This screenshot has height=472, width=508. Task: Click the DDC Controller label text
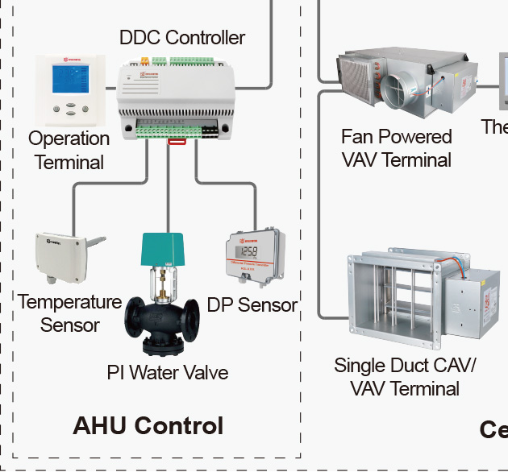pyautogui.click(x=182, y=37)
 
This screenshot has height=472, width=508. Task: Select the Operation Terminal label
pyautogui.click(x=69, y=150)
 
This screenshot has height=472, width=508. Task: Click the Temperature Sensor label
pyautogui.click(x=69, y=313)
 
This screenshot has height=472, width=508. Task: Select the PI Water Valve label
pyautogui.click(x=168, y=372)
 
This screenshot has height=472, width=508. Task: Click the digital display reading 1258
pyautogui.click(x=249, y=250)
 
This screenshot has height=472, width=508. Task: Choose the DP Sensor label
pyautogui.click(x=252, y=305)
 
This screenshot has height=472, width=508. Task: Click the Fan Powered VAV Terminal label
pyautogui.click(x=397, y=147)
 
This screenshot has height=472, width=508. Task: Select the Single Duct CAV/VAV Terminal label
pyautogui.click(x=405, y=376)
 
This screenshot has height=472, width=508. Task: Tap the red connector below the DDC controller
pyautogui.click(x=177, y=142)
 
